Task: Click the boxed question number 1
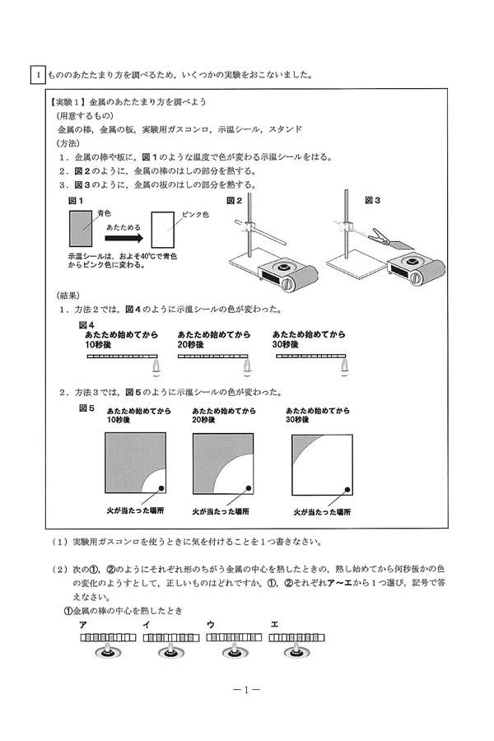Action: point(38,75)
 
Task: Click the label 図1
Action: point(76,201)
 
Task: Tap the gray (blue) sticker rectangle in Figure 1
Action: point(81,229)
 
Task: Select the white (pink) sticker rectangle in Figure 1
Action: point(163,230)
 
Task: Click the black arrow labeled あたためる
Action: point(124,239)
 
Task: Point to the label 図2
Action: point(235,201)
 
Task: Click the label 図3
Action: point(372,200)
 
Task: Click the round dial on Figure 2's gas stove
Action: point(288,285)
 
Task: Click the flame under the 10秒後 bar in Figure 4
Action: point(156,366)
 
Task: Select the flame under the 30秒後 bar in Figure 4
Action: point(344,366)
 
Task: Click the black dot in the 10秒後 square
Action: point(161,488)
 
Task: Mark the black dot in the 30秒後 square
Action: point(347,490)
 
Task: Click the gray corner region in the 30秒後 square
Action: point(301,445)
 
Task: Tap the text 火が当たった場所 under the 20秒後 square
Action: point(221,511)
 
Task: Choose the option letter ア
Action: point(83,625)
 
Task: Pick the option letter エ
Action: point(273,625)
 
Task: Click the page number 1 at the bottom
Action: point(246,689)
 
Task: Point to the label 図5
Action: point(86,408)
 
